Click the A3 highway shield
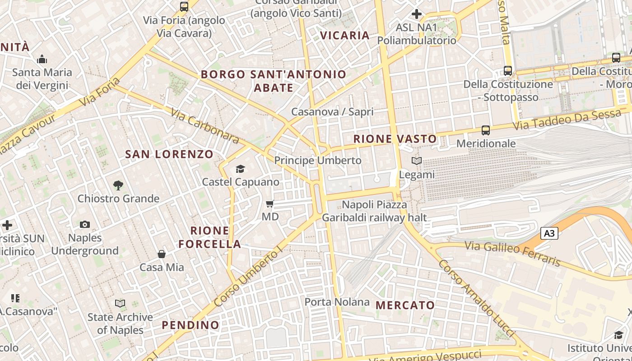click(x=549, y=233)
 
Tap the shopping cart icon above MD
click(x=270, y=204)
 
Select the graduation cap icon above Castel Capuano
click(x=240, y=169)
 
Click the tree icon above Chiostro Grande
click(x=118, y=185)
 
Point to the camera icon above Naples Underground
click(x=84, y=224)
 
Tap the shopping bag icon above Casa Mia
click(x=162, y=255)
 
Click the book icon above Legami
click(x=416, y=161)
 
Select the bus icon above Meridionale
click(x=486, y=130)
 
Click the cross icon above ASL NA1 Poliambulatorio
click(x=417, y=14)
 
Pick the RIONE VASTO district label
click(x=395, y=139)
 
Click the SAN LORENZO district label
click(x=169, y=154)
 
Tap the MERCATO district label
click(x=405, y=305)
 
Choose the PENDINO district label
click(x=191, y=325)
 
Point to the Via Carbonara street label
click(x=205, y=125)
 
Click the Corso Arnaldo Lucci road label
click(x=477, y=298)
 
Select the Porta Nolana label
click(x=337, y=302)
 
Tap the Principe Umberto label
click(x=318, y=160)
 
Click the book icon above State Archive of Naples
click(x=120, y=303)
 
